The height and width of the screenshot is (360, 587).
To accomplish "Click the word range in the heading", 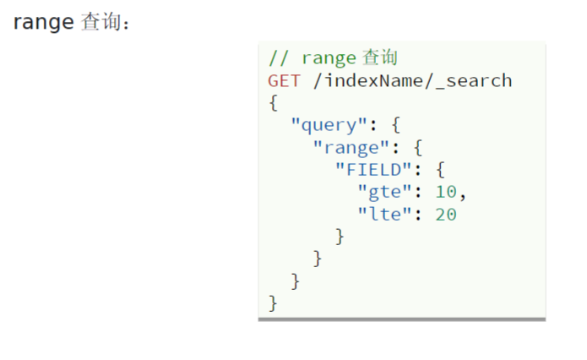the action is pos(43,23).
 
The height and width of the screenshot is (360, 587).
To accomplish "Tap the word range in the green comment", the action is pos(329,58).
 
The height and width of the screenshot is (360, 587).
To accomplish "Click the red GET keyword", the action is pos(284,80).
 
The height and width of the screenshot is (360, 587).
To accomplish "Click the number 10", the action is pos(445,192).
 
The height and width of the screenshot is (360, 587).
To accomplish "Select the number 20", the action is pos(445,214).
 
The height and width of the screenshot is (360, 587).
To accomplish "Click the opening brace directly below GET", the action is pos(273,103).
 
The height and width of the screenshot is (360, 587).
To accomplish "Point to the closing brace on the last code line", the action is pos(273,303).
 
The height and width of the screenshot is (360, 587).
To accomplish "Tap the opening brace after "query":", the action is pos(394,125).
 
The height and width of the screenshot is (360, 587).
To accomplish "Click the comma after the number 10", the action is pos(462,194).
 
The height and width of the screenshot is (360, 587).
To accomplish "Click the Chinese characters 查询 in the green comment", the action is pos(380,58).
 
